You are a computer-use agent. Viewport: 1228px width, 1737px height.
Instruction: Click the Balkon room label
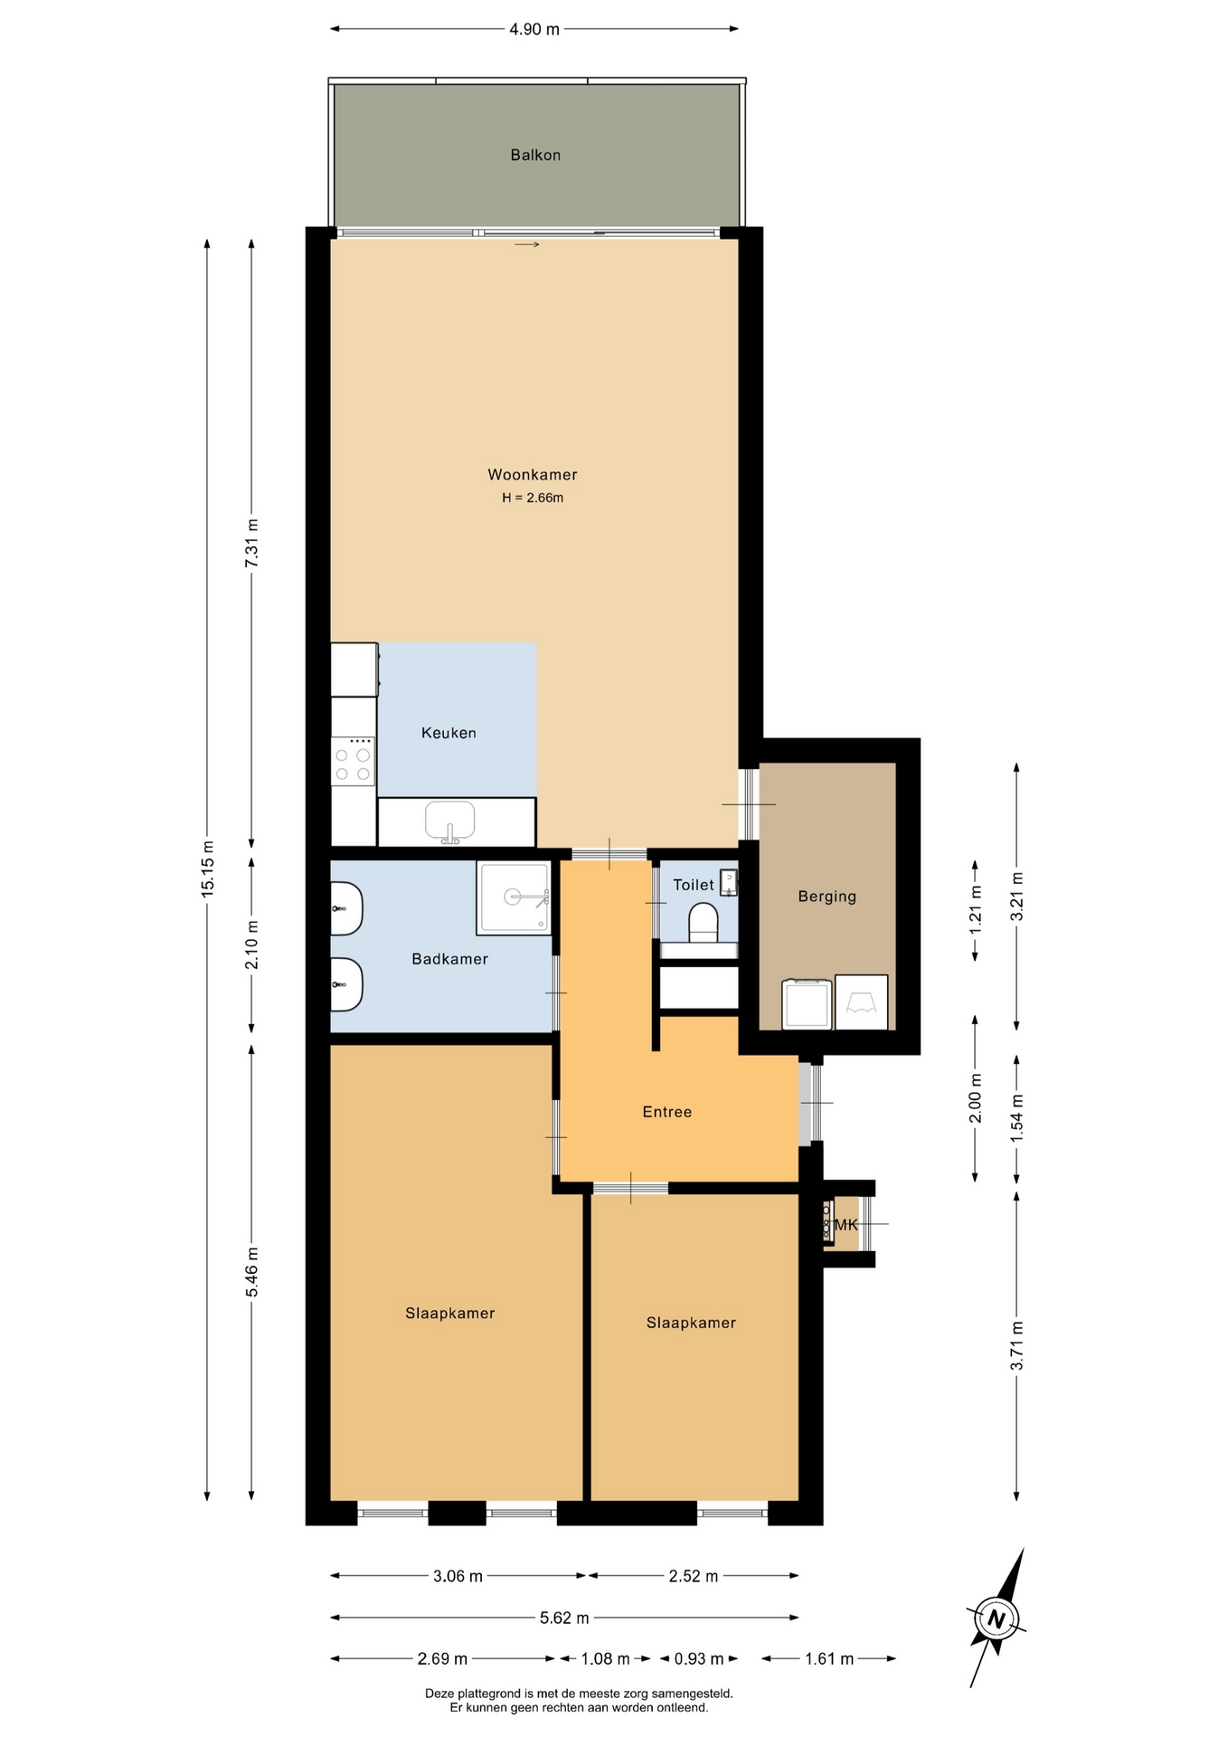(535, 155)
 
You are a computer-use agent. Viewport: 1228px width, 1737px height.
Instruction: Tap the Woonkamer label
(533, 474)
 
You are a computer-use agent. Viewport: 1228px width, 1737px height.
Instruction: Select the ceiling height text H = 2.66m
(533, 498)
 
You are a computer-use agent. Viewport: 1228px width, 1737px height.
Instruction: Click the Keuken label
(449, 733)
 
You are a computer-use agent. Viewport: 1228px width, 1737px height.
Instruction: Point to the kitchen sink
(450, 821)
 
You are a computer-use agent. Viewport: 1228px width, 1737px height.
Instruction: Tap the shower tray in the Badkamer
(514, 897)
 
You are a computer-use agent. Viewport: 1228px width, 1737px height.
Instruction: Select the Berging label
(827, 897)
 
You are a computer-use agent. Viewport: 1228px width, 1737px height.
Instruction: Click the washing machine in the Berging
(807, 1003)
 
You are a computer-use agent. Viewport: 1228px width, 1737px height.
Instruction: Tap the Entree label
(667, 1112)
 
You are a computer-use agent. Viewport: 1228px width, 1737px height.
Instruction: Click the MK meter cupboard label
(845, 1225)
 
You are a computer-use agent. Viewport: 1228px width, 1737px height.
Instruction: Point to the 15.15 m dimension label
(208, 869)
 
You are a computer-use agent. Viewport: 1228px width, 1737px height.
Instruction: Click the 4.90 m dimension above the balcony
(534, 29)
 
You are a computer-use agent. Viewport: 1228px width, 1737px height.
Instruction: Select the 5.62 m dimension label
(564, 1618)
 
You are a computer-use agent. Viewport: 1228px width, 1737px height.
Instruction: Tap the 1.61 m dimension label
(829, 1659)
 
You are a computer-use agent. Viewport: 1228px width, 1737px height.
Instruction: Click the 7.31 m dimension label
(252, 543)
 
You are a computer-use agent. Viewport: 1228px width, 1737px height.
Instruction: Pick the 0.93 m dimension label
(699, 1659)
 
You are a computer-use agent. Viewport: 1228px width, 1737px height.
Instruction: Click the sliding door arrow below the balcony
(527, 244)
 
